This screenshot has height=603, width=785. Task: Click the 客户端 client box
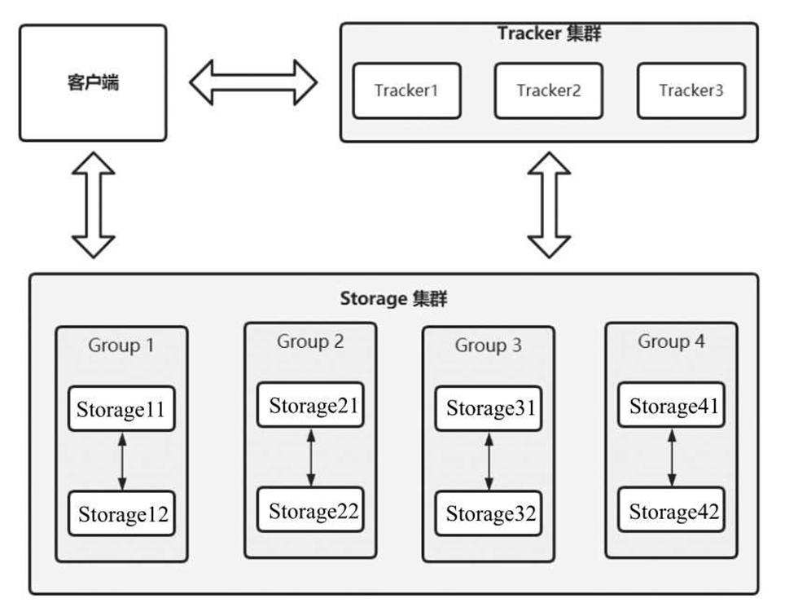pos(93,83)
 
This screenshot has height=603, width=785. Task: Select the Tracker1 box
pos(406,90)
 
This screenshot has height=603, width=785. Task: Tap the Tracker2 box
pos(548,90)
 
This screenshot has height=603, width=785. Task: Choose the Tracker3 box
pos(691,90)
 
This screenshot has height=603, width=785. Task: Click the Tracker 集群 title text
pos(549,34)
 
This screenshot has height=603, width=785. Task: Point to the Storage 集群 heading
pos(393,299)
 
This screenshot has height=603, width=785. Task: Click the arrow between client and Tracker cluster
pos(253,82)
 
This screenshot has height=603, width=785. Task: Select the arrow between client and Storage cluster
pos(93,203)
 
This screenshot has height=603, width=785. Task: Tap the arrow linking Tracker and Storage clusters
pos(549,203)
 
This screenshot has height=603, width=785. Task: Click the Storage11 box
pos(121,409)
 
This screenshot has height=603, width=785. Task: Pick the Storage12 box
pos(121,513)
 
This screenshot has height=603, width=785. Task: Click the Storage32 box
pos(490,513)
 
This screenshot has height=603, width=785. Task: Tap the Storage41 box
pos(673,405)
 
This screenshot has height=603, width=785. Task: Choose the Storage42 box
pos(673,512)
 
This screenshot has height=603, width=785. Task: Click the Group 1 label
pos(121,346)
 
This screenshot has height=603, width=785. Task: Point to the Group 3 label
pos(488,346)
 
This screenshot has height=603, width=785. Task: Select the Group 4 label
pos(671,341)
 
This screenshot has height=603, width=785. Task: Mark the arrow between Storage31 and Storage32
pos(489,461)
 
